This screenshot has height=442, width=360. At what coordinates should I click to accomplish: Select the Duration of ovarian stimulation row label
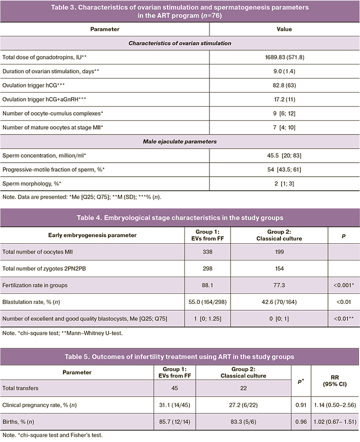(x=37, y=72)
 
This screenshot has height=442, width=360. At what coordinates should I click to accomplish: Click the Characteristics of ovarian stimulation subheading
(x=179, y=44)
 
